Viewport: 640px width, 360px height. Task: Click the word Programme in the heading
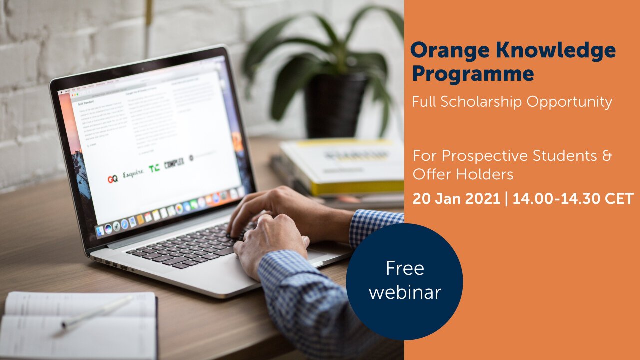click(473, 74)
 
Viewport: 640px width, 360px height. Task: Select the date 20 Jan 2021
click(456, 198)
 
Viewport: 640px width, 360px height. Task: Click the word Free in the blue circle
click(405, 268)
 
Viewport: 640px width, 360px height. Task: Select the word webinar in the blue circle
click(405, 292)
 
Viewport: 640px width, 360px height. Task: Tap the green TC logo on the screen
click(154, 168)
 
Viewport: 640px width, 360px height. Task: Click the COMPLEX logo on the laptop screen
click(174, 163)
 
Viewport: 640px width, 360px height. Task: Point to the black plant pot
click(335, 105)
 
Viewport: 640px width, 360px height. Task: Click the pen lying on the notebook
click(97, 312)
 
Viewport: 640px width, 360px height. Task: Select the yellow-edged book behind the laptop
click(345, 167)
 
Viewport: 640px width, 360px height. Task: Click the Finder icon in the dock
click(100, 230)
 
